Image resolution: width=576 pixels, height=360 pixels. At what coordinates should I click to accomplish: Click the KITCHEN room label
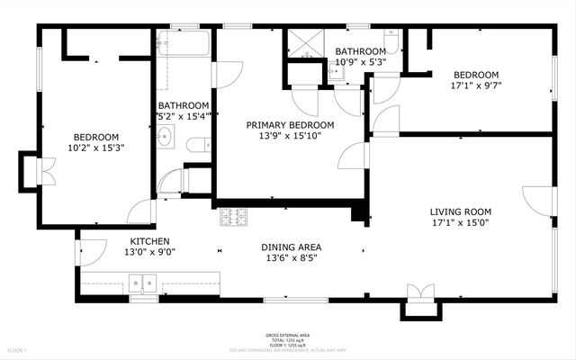149,241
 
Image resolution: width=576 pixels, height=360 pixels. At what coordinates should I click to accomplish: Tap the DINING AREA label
292,247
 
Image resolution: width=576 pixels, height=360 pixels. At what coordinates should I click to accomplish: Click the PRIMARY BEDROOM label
291,125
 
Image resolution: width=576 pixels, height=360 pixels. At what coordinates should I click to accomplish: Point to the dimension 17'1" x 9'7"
475,86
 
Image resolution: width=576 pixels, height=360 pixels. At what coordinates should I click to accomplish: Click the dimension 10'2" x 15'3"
94,147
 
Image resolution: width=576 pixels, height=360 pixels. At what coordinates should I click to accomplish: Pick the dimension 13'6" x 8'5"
292,258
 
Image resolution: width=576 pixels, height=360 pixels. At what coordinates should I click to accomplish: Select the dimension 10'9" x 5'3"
361,63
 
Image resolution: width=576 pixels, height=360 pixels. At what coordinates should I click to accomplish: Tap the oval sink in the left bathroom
166,138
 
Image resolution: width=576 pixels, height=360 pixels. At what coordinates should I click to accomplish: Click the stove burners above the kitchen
234,216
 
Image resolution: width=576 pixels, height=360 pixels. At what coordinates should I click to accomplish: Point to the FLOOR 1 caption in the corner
17,349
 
